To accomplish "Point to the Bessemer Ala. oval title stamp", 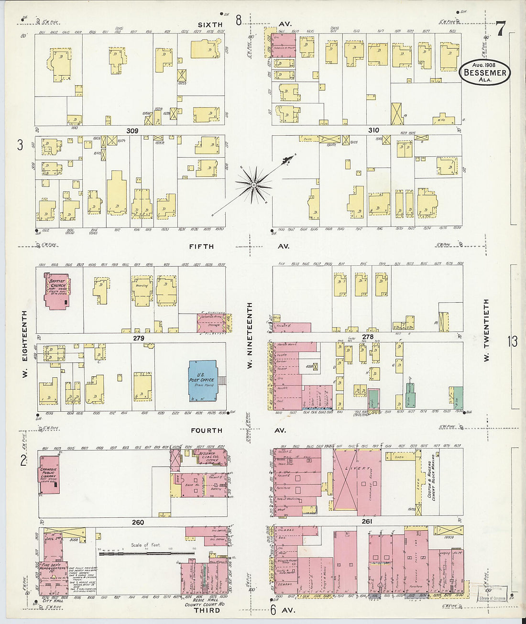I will click(x=485, y=73).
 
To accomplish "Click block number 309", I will click(x=132, y=131).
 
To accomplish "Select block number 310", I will click(x=373, y=130).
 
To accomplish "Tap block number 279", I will click(x=138, y=338).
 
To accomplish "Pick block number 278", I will click(x=367, y=337).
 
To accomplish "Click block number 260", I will click(x=138, y=522).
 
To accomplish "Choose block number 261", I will click(x=367, y=521).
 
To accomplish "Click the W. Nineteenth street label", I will click(x=249, y=335).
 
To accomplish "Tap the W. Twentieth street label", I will click(x=486, y=330).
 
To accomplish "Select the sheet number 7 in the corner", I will click(x=500, y=29).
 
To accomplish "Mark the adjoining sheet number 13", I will click(x=513, y=341).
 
